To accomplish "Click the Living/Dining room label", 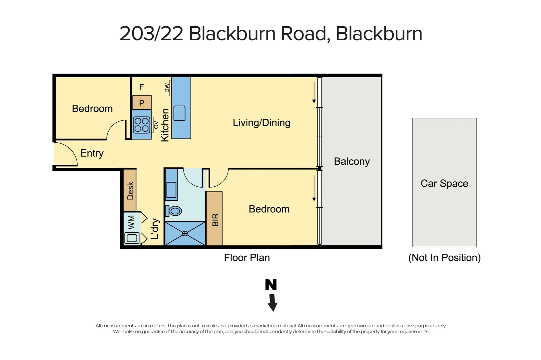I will (x=262, y=123).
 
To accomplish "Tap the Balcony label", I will (x=352, y=161).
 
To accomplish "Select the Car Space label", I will (x=444, y=183).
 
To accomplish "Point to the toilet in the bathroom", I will (x=175, y=211).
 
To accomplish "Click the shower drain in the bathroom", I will (x=185, y=234).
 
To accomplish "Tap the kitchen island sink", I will (x=180, y=113).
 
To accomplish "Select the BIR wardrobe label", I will (x=215, y=220).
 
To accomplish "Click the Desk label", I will (x=130, y=191).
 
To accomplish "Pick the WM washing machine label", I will (x=131, y=222).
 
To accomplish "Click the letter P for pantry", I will (x=142, y=103).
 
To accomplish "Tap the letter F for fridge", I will (x=142, y=87).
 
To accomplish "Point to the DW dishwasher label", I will (x=167, y=88).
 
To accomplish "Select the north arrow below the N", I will (x=273, y=303).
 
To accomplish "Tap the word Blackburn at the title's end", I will (x=379, y=34).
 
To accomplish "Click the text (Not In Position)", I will (x=444, y=258).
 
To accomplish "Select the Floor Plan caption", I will (x=247, y=258).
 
